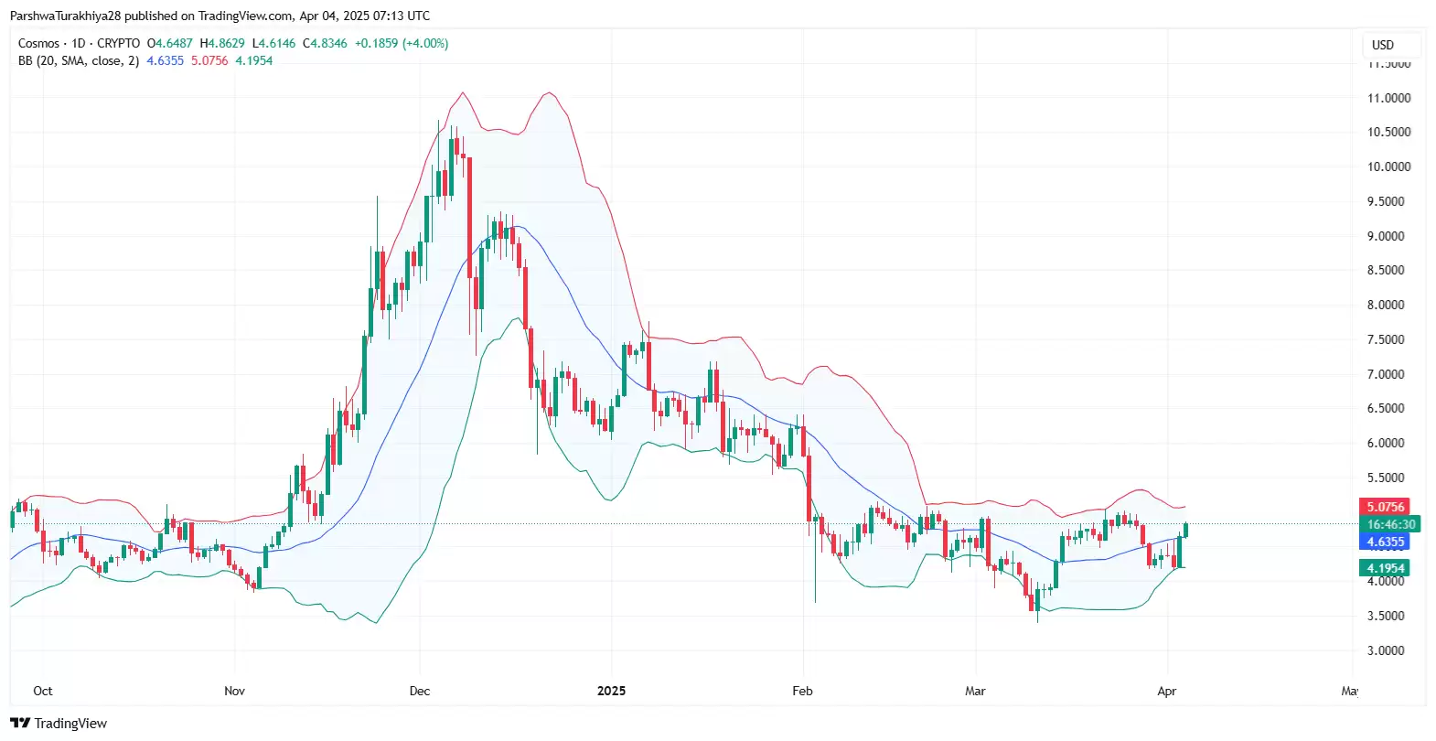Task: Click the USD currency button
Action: [x=1383, y=45]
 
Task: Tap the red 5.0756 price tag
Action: [x=1385, y=507]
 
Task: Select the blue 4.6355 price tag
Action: [x=1385, y=542]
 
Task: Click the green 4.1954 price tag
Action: [x=1385, y=568]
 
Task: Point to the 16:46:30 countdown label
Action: [x=1390, y=525]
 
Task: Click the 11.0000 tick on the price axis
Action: [x=1388, y=99]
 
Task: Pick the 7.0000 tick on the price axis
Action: [x=1385, y=374]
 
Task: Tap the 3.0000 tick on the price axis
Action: [x=1385, y=651]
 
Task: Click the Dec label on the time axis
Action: [x=420, y=692]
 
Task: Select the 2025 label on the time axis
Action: [x=611, y=692]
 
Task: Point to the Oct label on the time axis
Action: [x=43, y=692]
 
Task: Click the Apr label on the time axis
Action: [x=1166, y=692]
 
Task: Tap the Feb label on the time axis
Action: [x=802, y=692]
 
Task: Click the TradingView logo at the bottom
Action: [x=59, y=724]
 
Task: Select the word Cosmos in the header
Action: [x=38, y=44]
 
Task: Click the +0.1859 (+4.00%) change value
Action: [x=402, y=44]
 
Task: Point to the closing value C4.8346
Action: [x=325, y=44]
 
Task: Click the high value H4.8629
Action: [x=222, y=44]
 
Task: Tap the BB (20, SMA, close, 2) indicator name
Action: [x=79, y=61]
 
